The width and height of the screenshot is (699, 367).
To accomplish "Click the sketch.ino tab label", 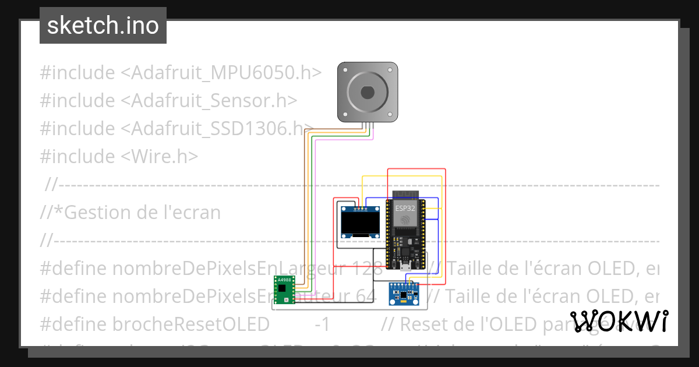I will pyautogui.click(x=103, y=26).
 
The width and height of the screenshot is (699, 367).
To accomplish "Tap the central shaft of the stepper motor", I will pyautogui.click(x=368, y=92).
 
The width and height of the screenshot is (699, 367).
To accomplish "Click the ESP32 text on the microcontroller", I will pyautogui.click(x=405, y=208).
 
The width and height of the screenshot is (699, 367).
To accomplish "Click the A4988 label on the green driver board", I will pyautogui.click(x=284, y=280).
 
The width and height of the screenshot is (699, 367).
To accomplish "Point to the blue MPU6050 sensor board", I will pyautogui.click(x=404, y=294).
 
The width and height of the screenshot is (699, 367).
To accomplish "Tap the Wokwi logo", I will pyautogui.click(x=619, y=321).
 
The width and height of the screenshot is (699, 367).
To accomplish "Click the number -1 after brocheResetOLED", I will pyautogui.click(x=322, y=324).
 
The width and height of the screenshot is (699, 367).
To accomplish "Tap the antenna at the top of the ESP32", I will pyautogui.click(x=405, y=193).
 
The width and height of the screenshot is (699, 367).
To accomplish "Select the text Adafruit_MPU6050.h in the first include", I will pyautogui.click(x=226, y=73).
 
